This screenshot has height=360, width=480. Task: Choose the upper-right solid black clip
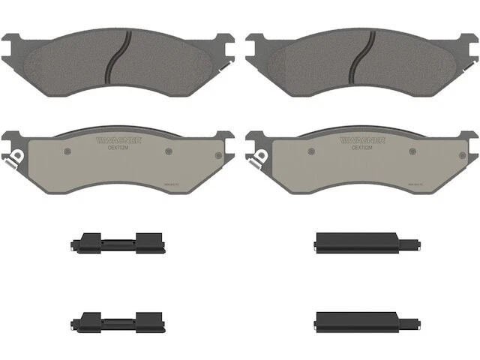[352, 241]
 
